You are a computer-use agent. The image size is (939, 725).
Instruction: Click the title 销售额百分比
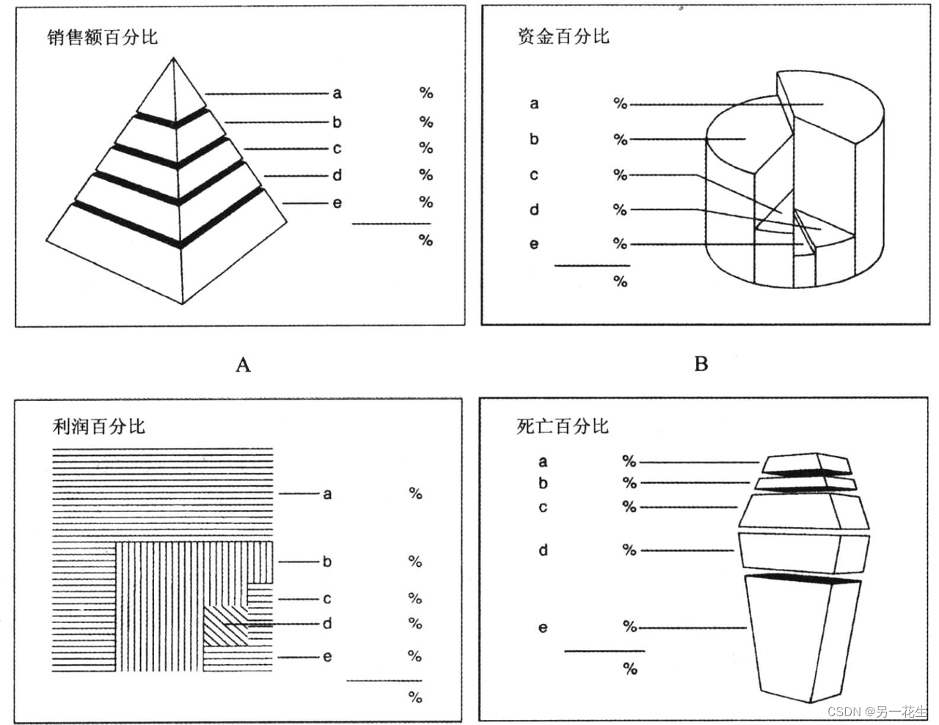pos(102,37)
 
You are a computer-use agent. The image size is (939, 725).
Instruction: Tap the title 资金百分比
pos(563,36)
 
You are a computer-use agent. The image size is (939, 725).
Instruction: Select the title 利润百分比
pos(99,426)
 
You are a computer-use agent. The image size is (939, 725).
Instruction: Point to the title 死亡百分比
pos(562,426)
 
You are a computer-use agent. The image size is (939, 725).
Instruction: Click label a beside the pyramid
pos(337,93)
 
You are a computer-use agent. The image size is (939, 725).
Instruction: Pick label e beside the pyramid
pos(337,203)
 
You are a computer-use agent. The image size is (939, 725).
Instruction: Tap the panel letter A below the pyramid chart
pos(243,364)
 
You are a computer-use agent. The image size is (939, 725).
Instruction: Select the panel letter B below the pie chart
pos(701,364)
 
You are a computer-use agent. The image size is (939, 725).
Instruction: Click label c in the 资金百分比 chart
pos(534,175)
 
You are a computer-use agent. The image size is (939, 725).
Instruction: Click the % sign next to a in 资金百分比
pos(621,104)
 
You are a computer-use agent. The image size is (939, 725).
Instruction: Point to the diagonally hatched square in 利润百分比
pos(224,625)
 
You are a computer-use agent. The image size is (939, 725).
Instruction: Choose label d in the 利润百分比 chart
pos(327,624)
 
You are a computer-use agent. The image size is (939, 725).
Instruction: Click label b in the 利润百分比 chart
pos(327,562)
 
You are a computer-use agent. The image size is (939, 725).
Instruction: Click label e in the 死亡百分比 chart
pos(543,628)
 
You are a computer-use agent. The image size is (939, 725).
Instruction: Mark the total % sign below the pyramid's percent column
pos(425,240)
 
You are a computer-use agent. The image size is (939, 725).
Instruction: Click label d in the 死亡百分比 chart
pos(543,550)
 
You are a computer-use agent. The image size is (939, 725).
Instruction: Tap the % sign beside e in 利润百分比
pos(415,656)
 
